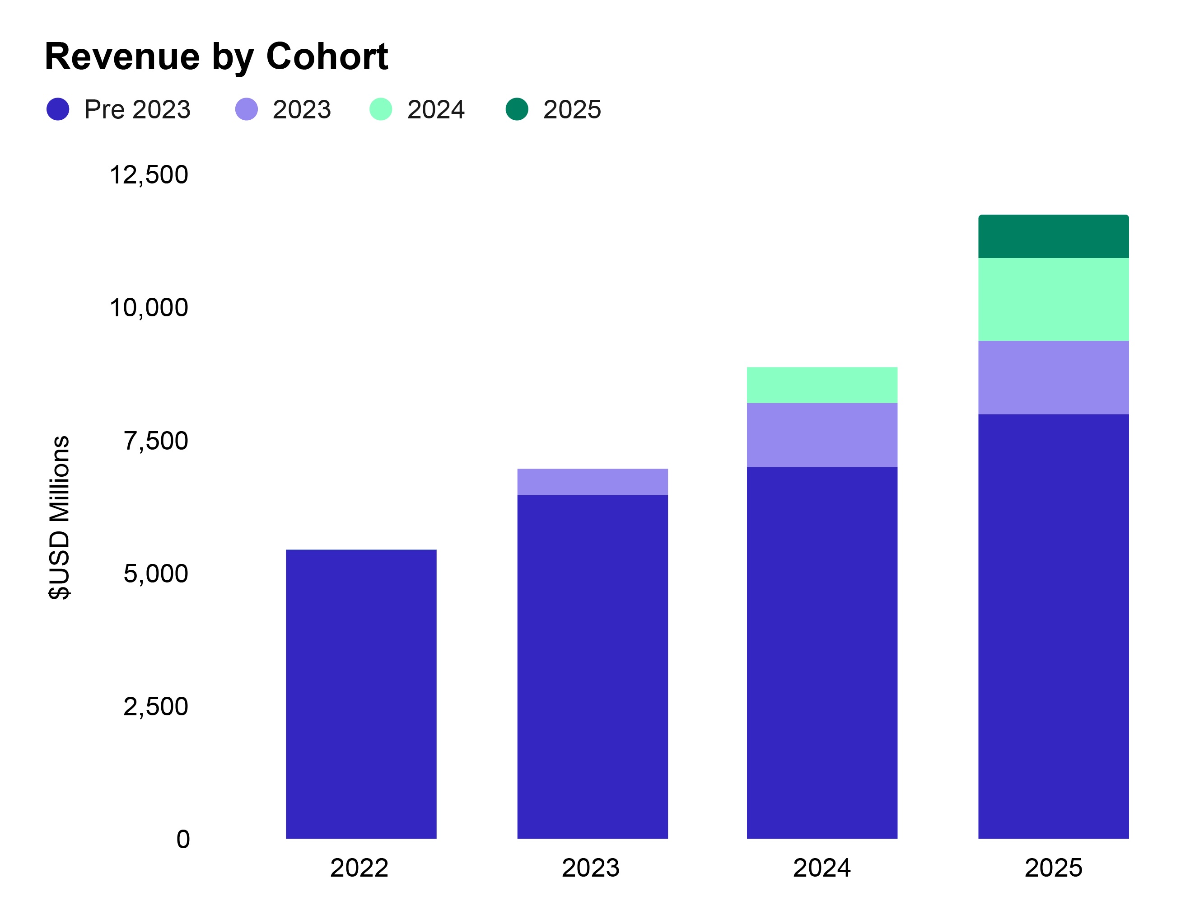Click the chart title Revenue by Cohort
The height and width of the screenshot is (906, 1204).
click(x=216, y=56)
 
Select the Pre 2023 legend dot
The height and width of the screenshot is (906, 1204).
click(x=58, y=109)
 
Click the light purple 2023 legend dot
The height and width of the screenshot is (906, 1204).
click(x=246, y=109)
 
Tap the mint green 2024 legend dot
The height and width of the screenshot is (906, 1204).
click(x=380, y=109)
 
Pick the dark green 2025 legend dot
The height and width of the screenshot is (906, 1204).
click(x=517, y=109)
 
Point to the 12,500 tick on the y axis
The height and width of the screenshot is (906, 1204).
click(x=149, y=175)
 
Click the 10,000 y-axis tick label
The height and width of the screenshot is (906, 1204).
click(x=149, y=308)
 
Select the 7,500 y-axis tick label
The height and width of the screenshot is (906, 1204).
click(x=156, y=441)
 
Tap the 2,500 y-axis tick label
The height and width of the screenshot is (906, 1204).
click(x=156, y=707)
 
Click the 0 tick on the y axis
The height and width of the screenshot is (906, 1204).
click(x=183, y=839)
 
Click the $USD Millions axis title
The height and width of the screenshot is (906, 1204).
click(x=59, y=517)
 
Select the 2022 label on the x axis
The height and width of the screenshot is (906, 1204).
click(x=359, y=868)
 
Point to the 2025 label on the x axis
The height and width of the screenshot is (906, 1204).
click(x=1053, y=868)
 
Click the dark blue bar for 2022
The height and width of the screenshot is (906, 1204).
click(x=361, y=694)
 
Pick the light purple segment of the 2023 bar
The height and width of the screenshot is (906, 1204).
click(x=592, y=482)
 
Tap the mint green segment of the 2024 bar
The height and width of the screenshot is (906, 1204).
click(x=822, y=385)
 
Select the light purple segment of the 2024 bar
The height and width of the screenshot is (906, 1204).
click(x=822, y=435)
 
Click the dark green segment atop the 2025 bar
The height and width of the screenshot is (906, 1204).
click(x=1053, y=236)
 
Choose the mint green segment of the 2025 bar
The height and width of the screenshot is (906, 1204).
click(x=1053, y=300)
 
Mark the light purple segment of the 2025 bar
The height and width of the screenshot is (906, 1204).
click(x=1053, y=377)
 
